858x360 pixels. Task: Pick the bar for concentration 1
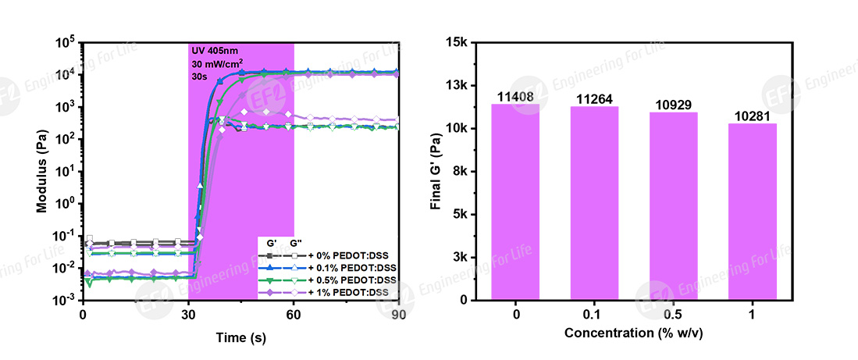click(752, 211)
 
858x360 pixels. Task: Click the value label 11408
click(515, 98)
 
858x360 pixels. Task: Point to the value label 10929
click(673, 105)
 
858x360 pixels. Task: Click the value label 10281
click(752, 116)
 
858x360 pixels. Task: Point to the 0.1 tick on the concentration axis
click(594, 315)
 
